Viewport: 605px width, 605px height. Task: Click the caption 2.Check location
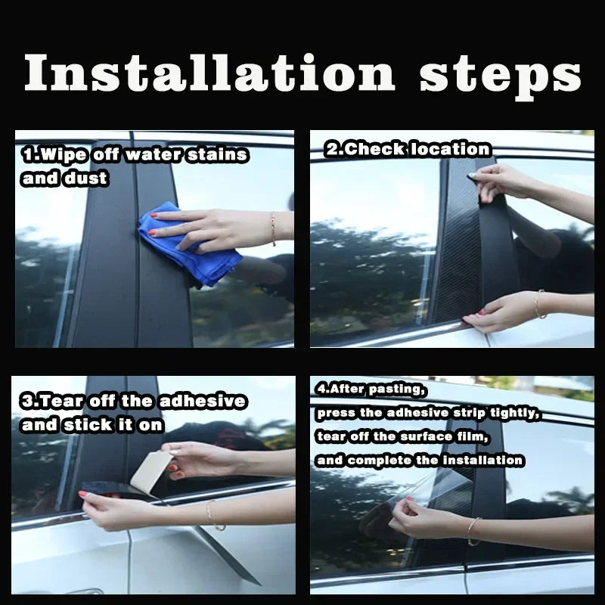[x=408, y=149]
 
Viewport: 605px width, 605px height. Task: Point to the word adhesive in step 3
[x=200, y=401]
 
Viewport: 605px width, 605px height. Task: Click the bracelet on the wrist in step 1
[x=272, y=228]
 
